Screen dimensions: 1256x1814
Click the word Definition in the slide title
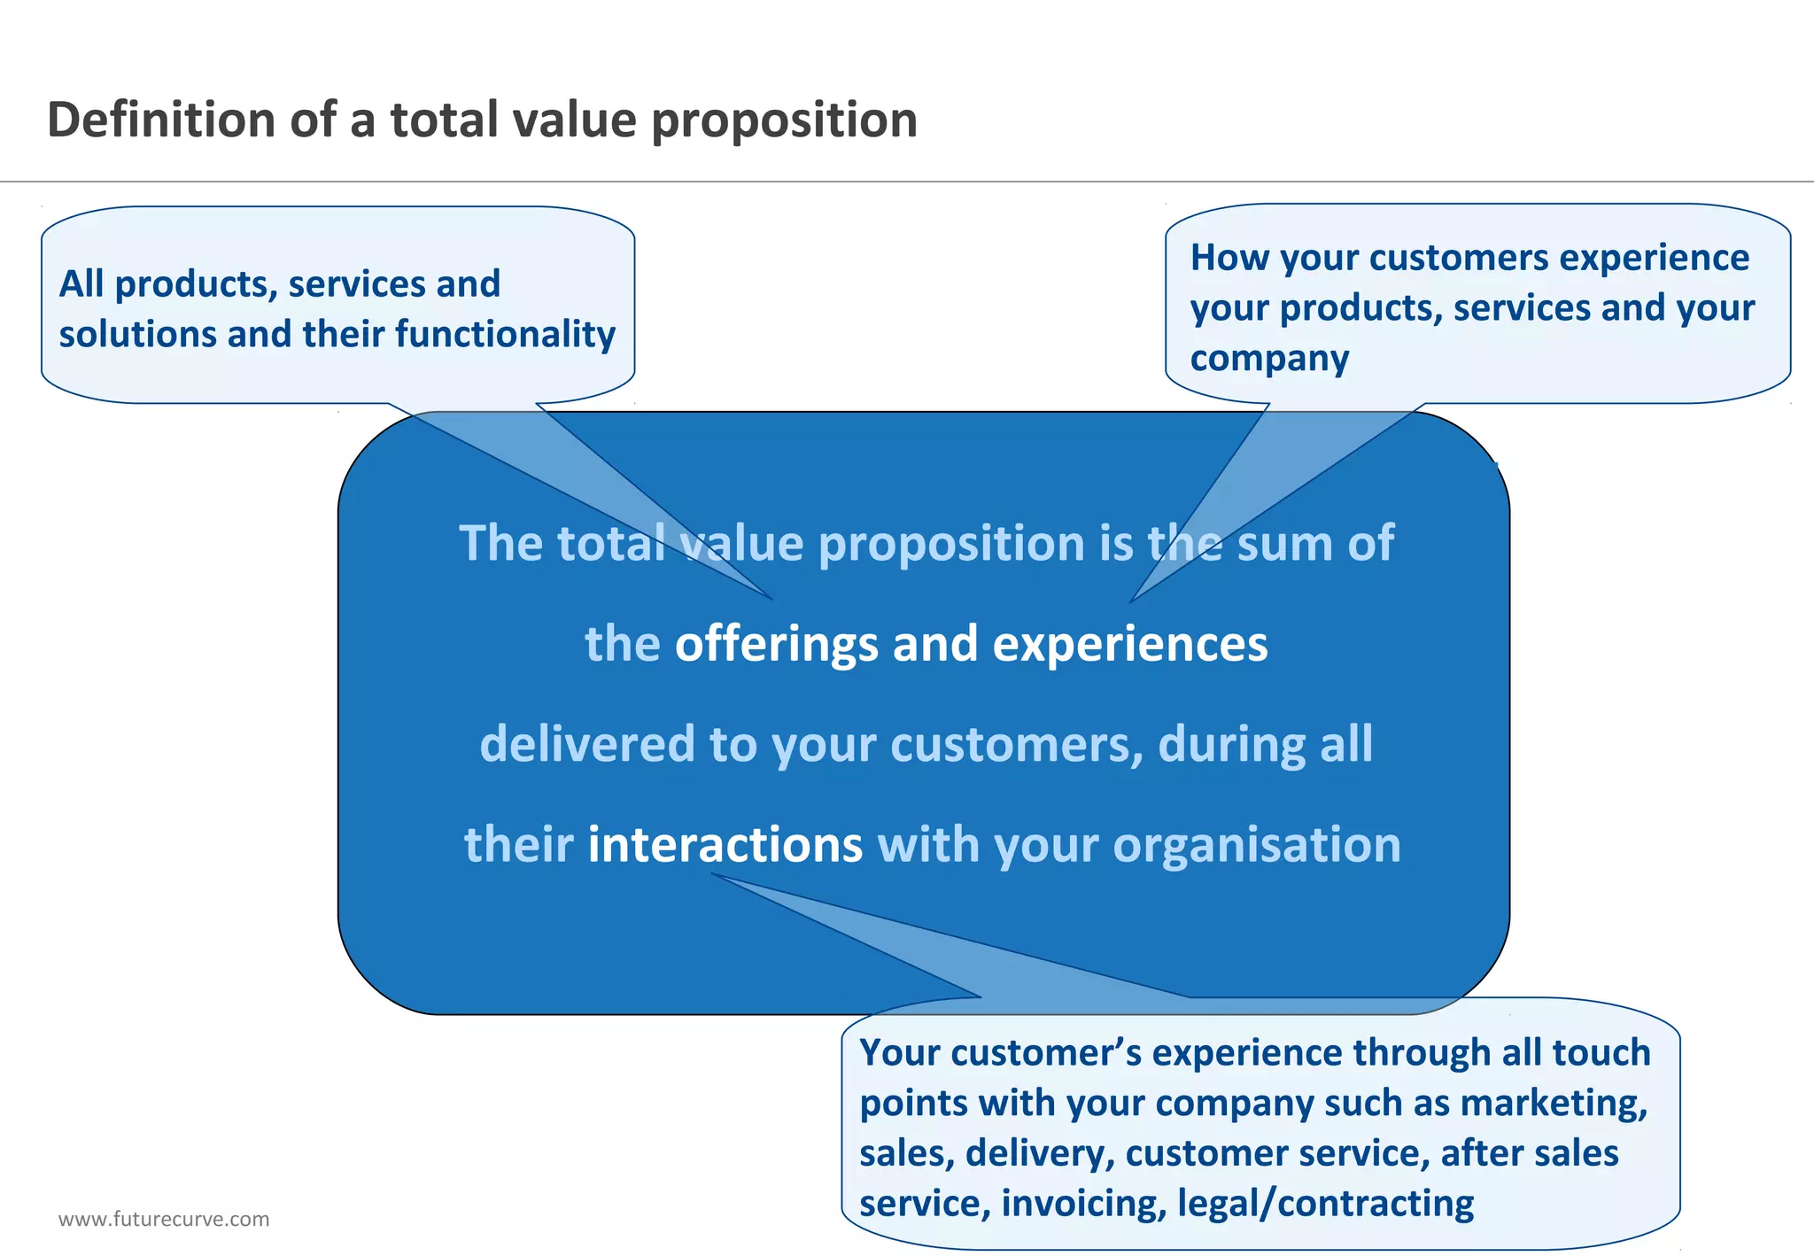(x=160, y=120)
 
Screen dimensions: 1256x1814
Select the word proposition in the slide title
(x=784, y=121)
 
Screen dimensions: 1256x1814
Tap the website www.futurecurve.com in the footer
(x=164, y=1219)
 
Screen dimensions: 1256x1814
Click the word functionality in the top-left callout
(x=505, y=334)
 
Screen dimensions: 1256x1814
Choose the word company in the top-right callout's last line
(x=1269, y=359)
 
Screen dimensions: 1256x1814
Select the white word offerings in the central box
(x=777, y=644)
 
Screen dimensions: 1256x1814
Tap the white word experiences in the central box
(x=1129, y=644)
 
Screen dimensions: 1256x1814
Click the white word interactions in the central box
(x=725, y=844)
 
